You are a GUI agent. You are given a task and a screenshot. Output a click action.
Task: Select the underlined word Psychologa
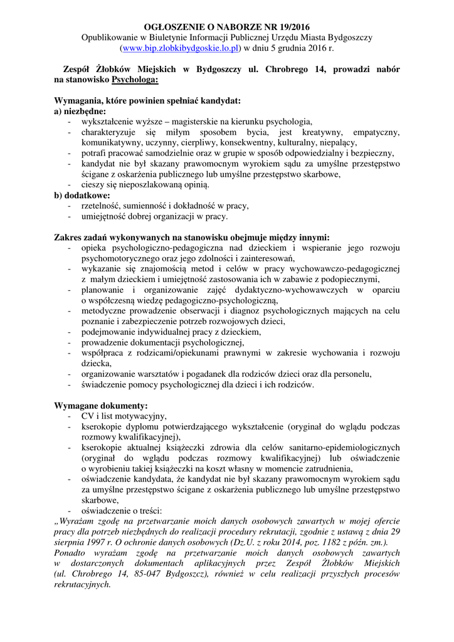click(135, 80)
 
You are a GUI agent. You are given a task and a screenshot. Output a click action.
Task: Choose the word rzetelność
click(103, 206)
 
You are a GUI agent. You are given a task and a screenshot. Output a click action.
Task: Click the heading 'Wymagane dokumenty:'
click(102, 406)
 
